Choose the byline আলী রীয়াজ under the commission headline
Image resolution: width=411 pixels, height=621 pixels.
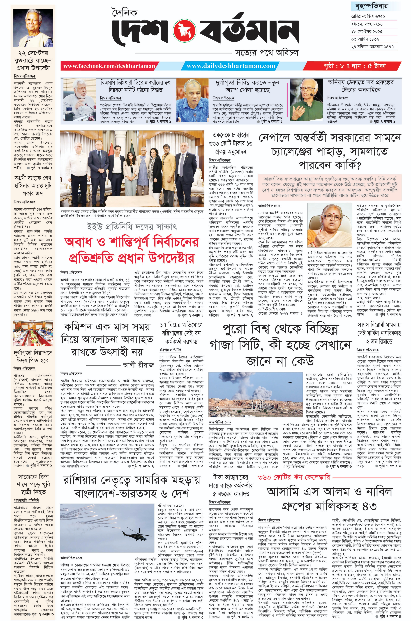(138, 365)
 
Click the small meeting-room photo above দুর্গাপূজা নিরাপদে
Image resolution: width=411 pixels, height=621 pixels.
(33, 334)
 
